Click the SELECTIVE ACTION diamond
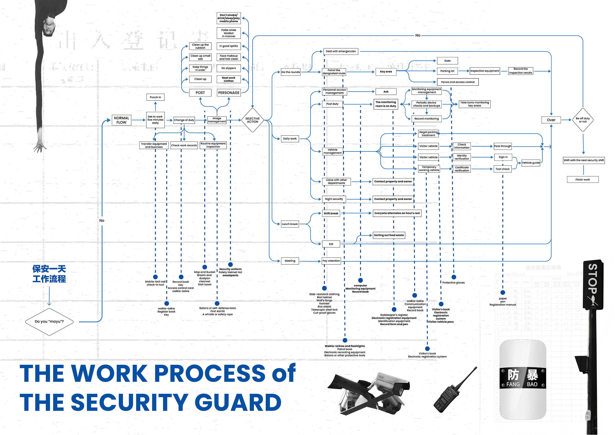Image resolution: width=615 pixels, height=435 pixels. [252, 120]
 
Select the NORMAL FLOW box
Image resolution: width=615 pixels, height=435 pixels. [121, 120]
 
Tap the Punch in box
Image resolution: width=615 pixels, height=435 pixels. [155, 97]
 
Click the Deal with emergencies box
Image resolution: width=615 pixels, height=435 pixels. [341, 51]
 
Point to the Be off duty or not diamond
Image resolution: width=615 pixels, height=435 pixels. [583, 120]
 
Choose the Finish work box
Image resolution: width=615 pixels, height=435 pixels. [583, 179]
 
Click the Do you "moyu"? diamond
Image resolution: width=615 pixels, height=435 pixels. [49, 321]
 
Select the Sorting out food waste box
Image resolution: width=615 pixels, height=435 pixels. [389, 235]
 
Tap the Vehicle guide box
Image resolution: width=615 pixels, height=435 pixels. [531, 163]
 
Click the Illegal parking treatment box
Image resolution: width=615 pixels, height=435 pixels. [428, 134]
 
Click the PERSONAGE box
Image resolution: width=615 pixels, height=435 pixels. [228, 93]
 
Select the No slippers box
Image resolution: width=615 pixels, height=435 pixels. [228, 68]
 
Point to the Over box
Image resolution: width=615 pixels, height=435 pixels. [551, 120]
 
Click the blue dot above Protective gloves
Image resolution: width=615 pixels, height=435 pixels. [454, 277]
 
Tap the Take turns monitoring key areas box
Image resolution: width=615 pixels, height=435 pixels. [474, 104]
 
